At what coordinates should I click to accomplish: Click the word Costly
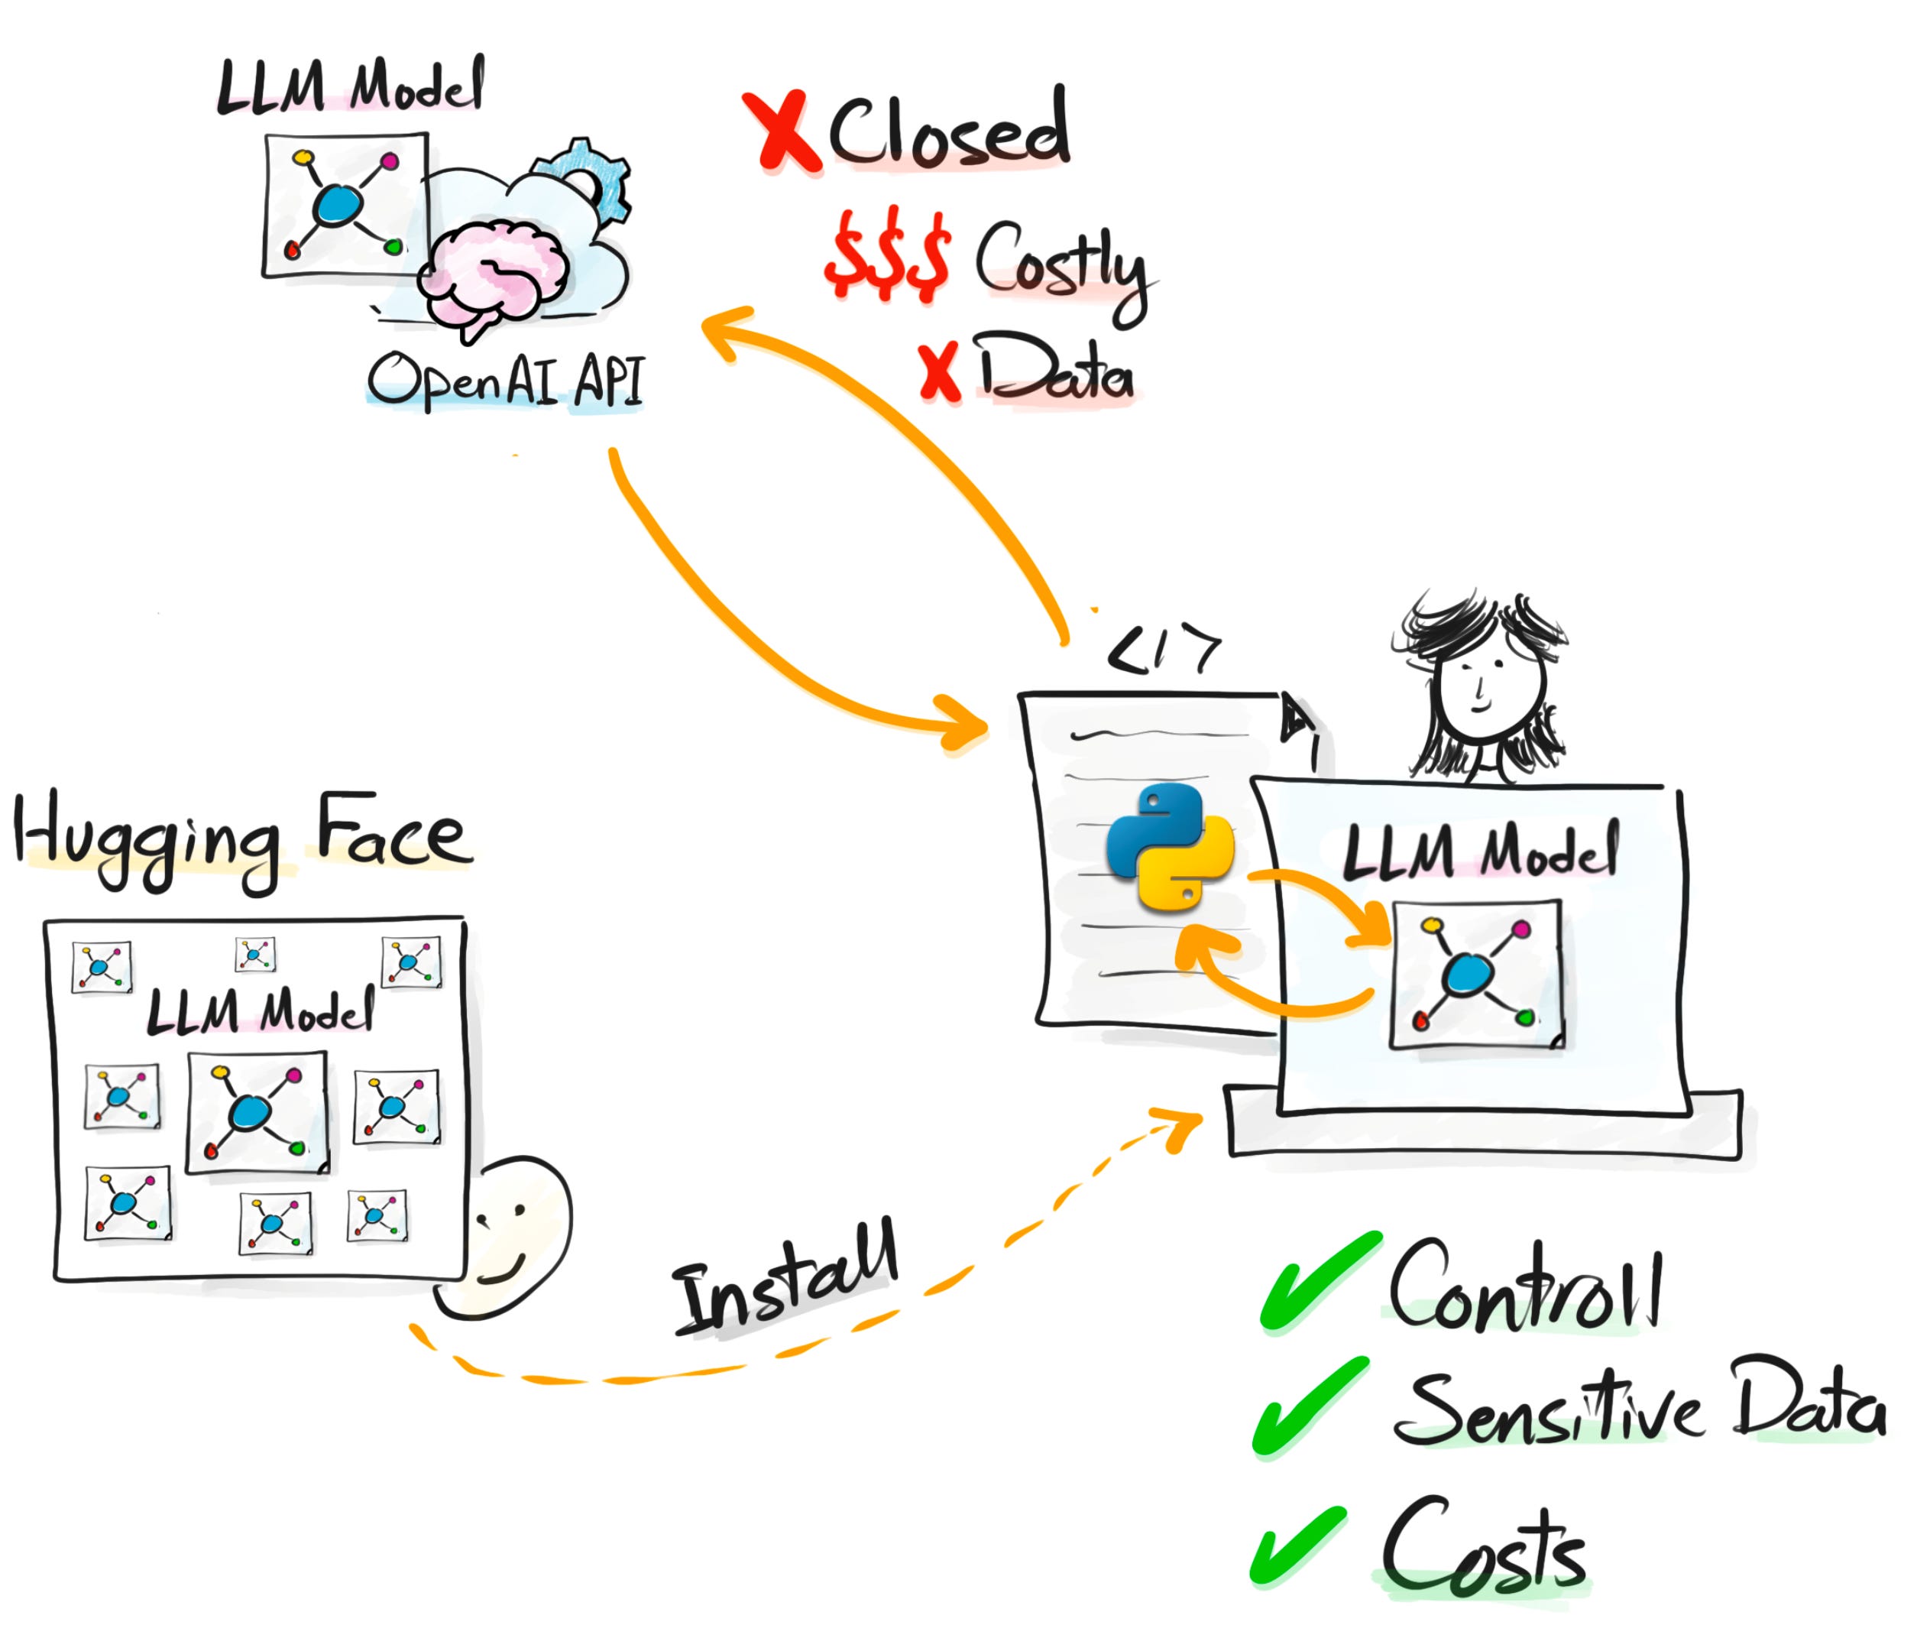point(1062,265)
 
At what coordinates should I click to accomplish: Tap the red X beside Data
point(939,373)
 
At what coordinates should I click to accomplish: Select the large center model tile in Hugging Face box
point(257,1111)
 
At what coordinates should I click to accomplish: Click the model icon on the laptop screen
point(1475,974)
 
